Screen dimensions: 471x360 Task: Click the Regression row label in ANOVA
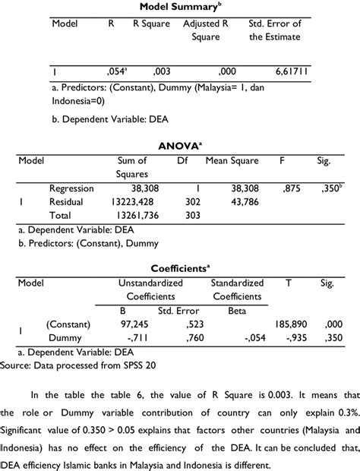[x=71, y=188]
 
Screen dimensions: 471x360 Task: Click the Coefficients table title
[x=179, y=268]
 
